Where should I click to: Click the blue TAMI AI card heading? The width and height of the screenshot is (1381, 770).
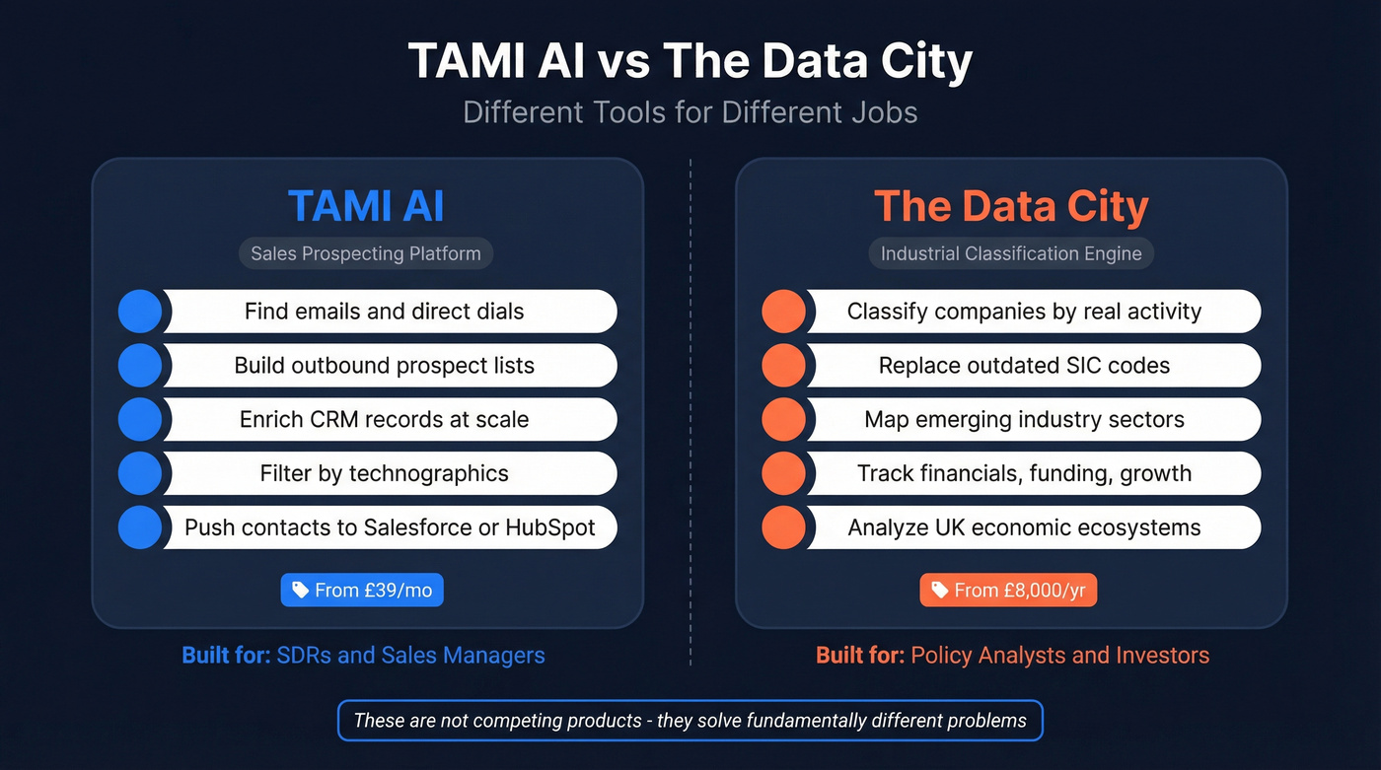[x=366, y=206]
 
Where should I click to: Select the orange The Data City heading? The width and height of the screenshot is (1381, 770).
[x=1011, y=206]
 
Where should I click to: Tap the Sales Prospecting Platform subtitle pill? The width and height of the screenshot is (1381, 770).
[x=366, y=253]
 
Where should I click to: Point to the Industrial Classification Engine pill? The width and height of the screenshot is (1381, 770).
[x=1011, y=253]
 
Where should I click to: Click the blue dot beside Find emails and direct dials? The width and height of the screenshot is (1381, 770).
[x=140, y=312]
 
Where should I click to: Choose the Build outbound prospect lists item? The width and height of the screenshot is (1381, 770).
[x=384, y=366]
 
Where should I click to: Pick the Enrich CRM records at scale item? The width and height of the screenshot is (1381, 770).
[x=384, y=419]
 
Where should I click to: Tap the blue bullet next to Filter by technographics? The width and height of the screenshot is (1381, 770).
[x=140, y=473]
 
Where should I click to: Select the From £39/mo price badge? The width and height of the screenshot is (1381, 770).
[x=363, y=591]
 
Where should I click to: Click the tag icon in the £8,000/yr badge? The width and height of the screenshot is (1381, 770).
[x=939, y=591]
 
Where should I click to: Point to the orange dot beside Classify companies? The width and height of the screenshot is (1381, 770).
[x=784, y=312]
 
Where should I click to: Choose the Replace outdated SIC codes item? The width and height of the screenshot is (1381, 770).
[x=1024, y=366]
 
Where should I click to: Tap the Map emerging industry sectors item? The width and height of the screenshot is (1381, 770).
[x=1024, y=419]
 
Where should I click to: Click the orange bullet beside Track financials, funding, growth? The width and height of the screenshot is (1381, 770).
[x=784, y=473]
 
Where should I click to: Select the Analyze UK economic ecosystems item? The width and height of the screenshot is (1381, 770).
[x=1024, y=527]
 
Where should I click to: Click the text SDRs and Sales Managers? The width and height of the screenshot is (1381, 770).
[x=410, y=655]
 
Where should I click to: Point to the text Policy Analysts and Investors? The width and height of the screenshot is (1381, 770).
[x=1059, y=655]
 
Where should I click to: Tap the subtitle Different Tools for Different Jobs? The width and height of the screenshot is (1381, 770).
[x=690, y=111]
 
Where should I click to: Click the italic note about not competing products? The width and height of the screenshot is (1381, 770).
[x=690, y=721]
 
